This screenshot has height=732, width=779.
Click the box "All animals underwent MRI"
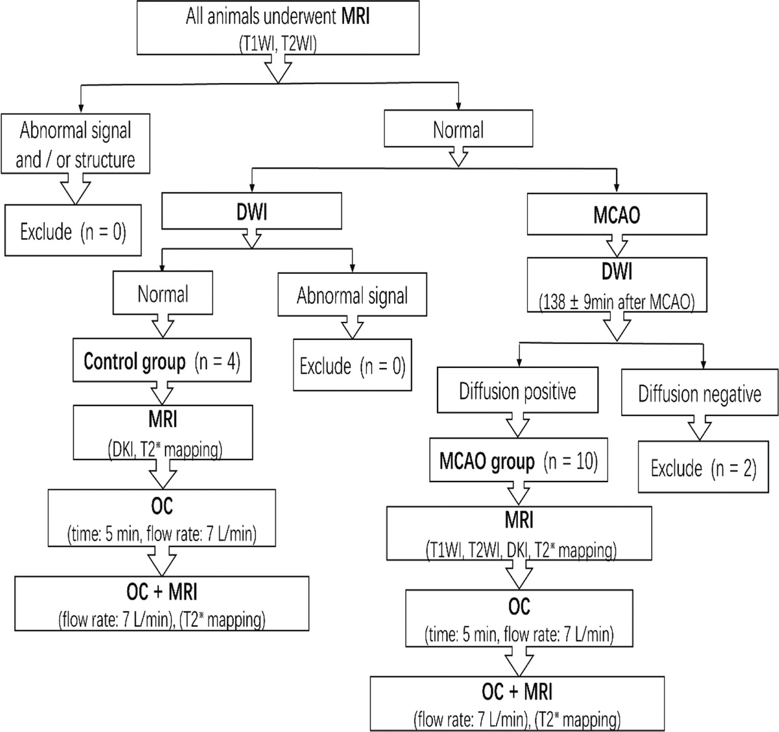277,27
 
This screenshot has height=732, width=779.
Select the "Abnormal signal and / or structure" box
75,144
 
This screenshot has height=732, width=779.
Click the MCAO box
616,214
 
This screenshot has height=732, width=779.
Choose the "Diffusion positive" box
517,391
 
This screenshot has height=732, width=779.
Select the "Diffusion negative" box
699,394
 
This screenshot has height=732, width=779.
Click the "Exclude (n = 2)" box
704,468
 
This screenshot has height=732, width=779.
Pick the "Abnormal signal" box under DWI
352,296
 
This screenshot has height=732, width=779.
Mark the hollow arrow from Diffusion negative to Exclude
699,427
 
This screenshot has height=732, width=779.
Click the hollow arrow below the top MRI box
277,69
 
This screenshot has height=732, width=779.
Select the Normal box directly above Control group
163,294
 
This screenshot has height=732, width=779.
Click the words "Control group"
134,361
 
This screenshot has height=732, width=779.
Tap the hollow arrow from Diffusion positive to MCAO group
517,426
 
